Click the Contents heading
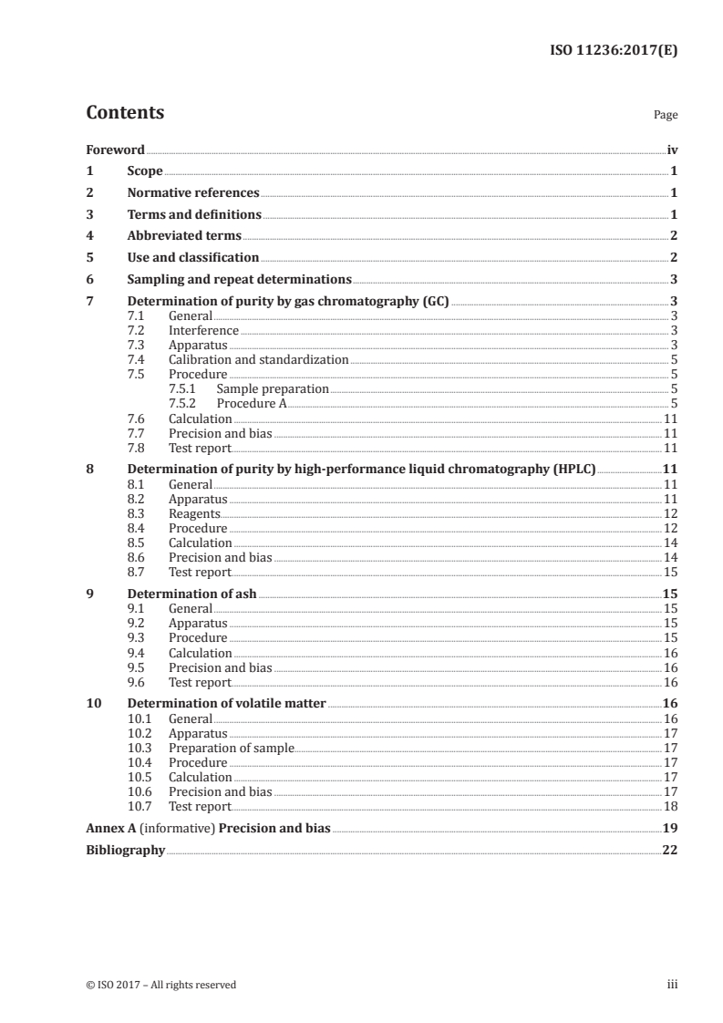(x=125, y=113)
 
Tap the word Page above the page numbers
(x=666, y=116)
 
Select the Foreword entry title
(x=115, y=150)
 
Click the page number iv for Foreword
(x=672, y=150)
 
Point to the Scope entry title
(x=145, y=171)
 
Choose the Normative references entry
(x=193, y=193)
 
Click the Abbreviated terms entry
(x=184, y=236)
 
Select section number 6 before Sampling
(x=89, y=279)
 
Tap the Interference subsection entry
(x=203, y=330)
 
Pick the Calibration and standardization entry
(x=258, y=359)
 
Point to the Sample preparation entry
(x=272, y=388)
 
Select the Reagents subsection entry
(x=194, y=513)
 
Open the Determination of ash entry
(x=191, y=594)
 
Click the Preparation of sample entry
(x=231, y=748)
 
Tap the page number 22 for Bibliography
(x=670, y=850)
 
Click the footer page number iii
(x=673, y=985)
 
